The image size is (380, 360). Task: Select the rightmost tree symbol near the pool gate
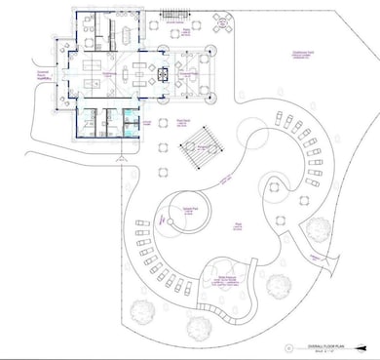pos(318,229)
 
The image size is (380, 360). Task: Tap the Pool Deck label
pos(183,123)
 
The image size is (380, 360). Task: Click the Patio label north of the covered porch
pos(185,31)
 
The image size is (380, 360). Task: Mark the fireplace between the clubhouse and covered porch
pos(166,75)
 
